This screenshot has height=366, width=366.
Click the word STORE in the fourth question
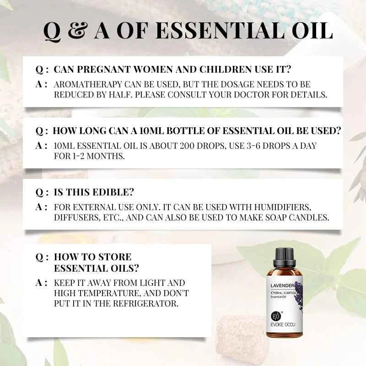[115, 257]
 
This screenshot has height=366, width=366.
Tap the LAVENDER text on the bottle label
[280, 286]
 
